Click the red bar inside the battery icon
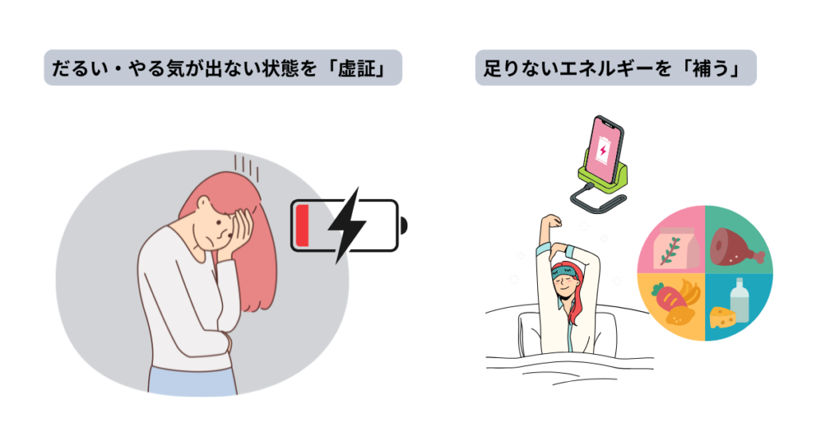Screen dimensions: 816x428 pos(302,225)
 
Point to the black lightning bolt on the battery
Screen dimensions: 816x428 pos(347,225)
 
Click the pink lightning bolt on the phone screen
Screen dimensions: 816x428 pos(602,150)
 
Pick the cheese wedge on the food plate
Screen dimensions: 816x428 pos(723,317)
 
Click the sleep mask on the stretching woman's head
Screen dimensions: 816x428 pos(564,273)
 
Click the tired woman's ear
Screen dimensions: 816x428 pos(203,203)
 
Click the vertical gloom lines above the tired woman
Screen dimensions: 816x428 pos(246,167)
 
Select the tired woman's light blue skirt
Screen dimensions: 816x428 pos(193,381)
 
